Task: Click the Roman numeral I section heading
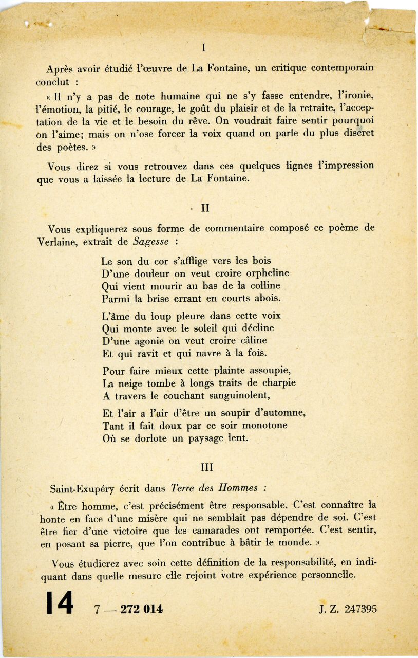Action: coord(204,48)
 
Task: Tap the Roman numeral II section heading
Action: coord(205,209)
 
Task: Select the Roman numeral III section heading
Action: coord(206,467)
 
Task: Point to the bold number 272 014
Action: coord(141,609)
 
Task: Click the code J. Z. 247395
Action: coord(348,609)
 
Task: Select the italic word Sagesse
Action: coord(149,241)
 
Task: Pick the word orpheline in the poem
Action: coord(263,273)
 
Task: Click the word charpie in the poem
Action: coord(277,383)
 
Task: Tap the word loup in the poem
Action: coord(156,316)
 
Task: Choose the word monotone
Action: coord(261,426)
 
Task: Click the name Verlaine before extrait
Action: coord(56,241)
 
